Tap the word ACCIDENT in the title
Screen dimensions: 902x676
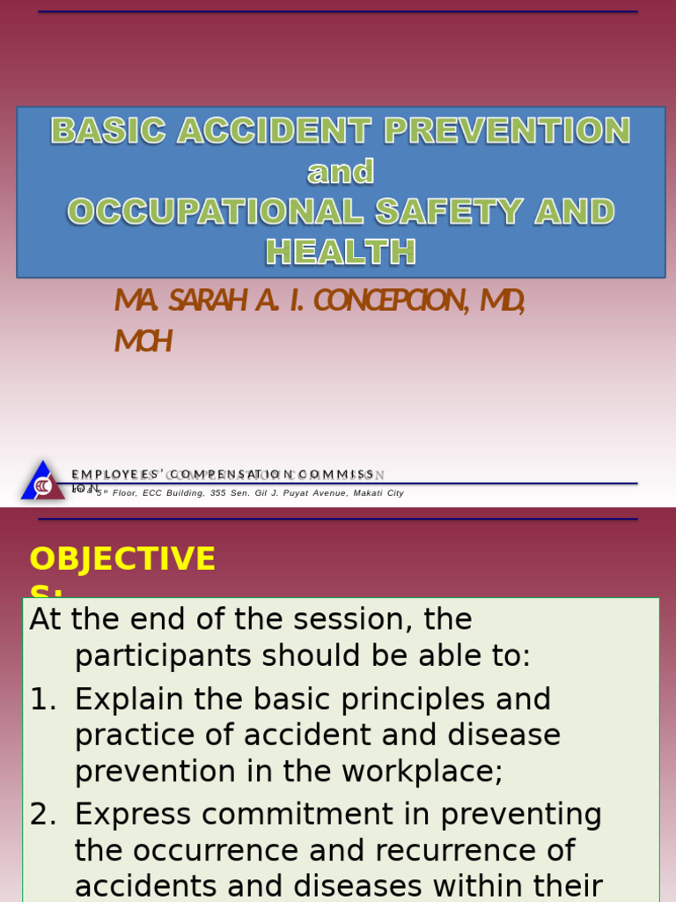click(276, 131)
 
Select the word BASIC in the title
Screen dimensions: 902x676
click(108, 131)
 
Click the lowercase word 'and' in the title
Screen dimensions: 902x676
click(341, 172)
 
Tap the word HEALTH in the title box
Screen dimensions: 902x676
click(341, 253)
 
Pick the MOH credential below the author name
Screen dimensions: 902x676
click(143, 341)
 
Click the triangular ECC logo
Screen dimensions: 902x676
click(41, 482)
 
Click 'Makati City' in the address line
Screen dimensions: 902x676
click(378, 493)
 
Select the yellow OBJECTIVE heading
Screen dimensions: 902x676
click(122, 559)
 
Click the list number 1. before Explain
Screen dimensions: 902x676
click(43, 699)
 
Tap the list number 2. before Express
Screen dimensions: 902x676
click(43, 815)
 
